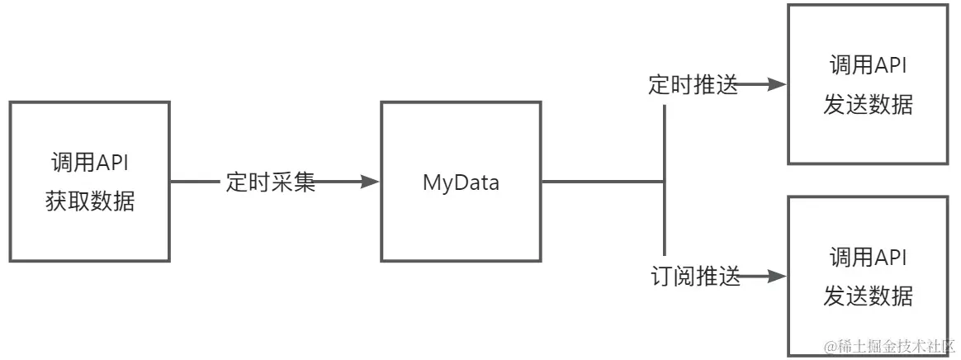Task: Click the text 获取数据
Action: coord(90,201)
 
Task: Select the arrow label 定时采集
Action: coord(271,182)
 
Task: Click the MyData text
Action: coord(461,182)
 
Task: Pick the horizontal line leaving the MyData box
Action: coord(603,182)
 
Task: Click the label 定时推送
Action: coord(693,85)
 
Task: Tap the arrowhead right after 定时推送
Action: coord(775,84)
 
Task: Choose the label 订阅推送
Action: coord(693,277)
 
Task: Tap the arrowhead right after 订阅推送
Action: coord(775,277)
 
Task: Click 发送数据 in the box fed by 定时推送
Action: coord(868,104)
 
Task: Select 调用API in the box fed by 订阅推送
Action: coord(868,258)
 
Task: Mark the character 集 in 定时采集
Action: coord(305,182)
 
